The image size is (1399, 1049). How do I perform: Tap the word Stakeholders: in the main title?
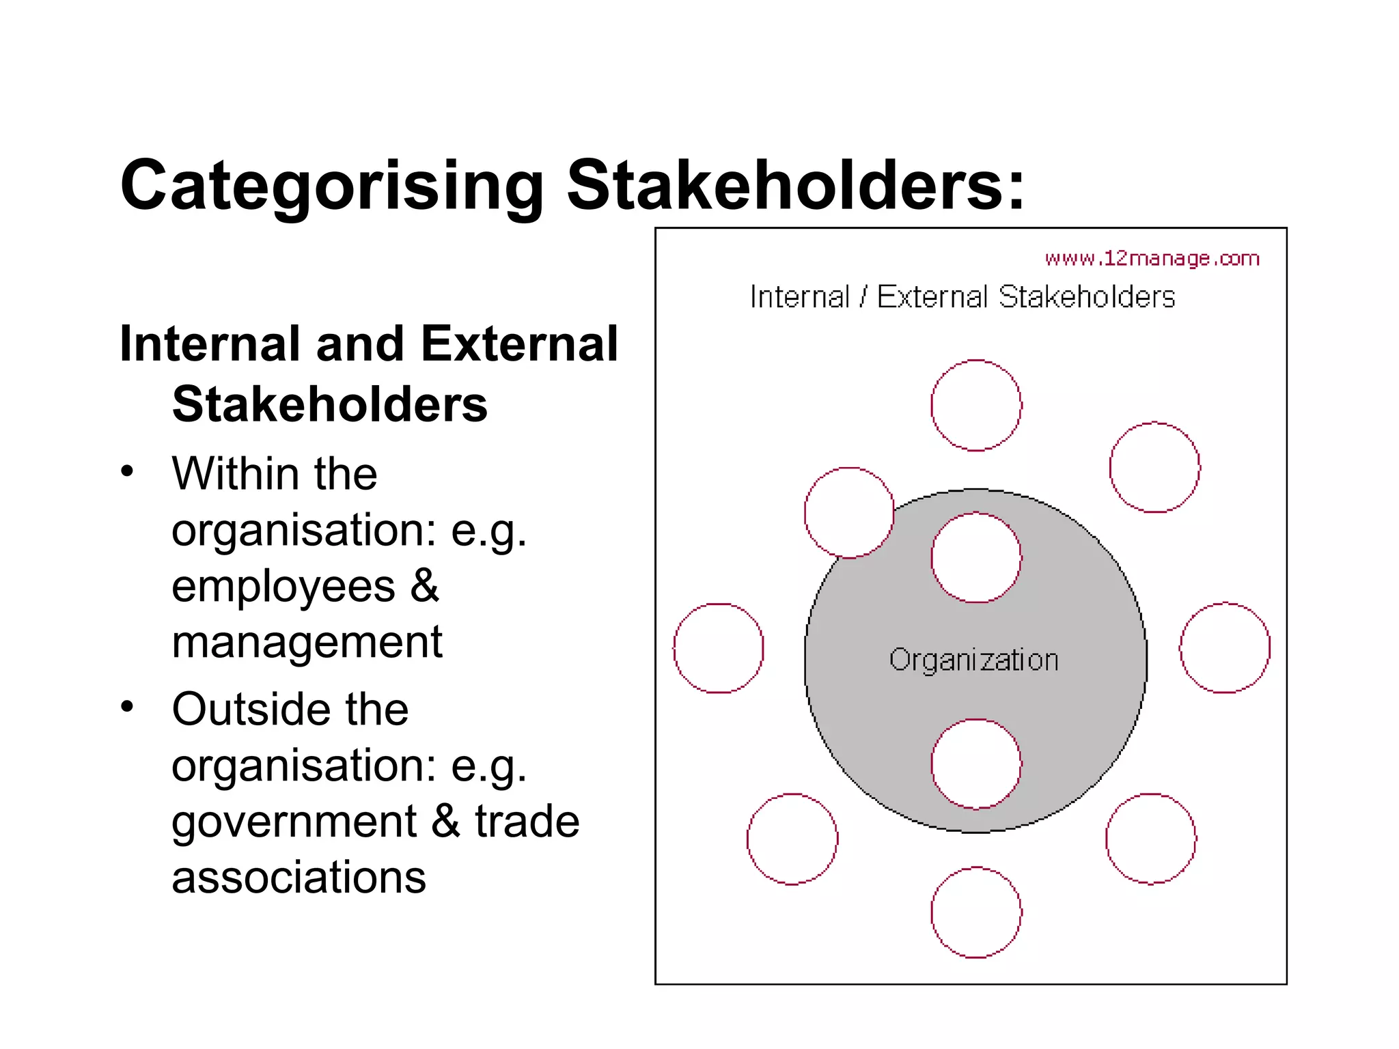(796, 184)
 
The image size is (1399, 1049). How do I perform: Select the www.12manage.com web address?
(1152, 259)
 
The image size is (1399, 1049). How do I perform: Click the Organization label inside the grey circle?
(973, 660)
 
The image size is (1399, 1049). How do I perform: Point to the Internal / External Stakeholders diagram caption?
(962, 297)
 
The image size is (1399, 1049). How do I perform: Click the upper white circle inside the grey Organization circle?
(976, 557)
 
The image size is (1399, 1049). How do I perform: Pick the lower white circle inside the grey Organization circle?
(976, 764)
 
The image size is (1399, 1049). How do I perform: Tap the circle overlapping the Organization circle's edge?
(849, 512)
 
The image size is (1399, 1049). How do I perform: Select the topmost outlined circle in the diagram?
(976, 406)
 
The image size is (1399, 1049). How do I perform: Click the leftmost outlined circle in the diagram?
(719, 648)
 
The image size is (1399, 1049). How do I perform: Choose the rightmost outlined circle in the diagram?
(1225, 647)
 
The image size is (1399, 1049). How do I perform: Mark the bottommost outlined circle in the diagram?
(976, 912)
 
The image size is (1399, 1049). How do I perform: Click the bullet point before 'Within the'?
(127, 472)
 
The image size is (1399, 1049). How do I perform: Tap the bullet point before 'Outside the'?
(127, 707)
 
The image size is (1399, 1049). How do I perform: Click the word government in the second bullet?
(294, 822)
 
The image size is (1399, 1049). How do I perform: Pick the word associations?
(299, 878)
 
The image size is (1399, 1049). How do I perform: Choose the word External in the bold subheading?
(519, 344)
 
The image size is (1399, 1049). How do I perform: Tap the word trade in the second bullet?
(527, 822)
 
